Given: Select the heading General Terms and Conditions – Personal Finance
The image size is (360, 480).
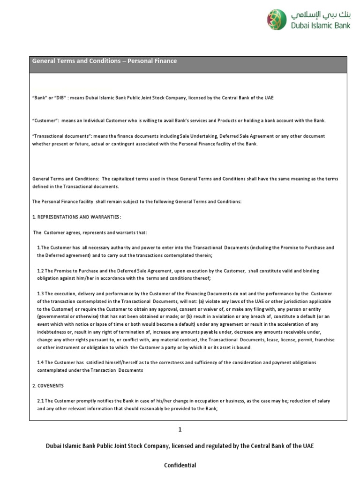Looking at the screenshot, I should pyautogui.click(x=104, y=61).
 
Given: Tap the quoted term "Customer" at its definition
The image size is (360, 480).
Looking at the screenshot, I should pyautogui.click(x=45, y=121).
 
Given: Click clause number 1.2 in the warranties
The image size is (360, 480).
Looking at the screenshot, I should pyautogui.click(x=40, y=270).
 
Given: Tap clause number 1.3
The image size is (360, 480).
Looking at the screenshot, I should pyautogui.click(x=40, y=293).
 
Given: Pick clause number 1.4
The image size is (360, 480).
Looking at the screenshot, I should pyautogui.click(x=40, y=362).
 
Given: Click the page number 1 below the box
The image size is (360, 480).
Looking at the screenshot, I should pyautogui.click(x=180, y=429).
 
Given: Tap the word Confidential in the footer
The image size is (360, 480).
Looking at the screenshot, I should pyautogui.click(x=180, y=465).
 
